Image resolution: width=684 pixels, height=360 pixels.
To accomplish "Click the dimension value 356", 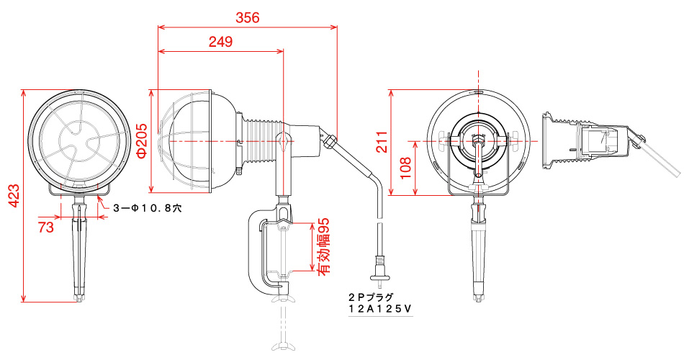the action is click(x=248, y=18).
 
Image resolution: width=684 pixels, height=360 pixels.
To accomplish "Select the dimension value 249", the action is click(x=220, y=42).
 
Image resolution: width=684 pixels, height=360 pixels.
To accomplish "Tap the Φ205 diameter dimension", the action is click(x=142, y=140).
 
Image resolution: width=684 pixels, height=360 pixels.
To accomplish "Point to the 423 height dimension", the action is click(x=14, y=196).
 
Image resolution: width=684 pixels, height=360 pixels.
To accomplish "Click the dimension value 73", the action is click(x=46, y=227).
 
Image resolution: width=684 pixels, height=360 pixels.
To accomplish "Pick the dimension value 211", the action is click(x=382, y=141).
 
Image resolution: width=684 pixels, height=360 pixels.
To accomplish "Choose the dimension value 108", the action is click(x=405, y=168).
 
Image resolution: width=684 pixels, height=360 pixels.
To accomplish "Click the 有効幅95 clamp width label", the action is click(x=324, y=246).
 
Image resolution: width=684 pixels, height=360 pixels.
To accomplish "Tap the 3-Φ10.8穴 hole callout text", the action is click(x=147, y=208).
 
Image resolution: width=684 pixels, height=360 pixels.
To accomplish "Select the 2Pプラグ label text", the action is click(x=371, y=297).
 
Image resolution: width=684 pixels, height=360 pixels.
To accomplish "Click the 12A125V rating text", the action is click(x=379, y=308).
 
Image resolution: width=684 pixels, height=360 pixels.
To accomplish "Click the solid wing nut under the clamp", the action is click(x=284, y=299).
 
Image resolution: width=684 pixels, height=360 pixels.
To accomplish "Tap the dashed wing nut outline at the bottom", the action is click(x=284, y=345).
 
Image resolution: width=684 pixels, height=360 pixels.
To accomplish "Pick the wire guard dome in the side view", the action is click(x=185, y=140).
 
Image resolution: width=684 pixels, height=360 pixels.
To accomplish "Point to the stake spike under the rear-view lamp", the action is click(x=479, y=248).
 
